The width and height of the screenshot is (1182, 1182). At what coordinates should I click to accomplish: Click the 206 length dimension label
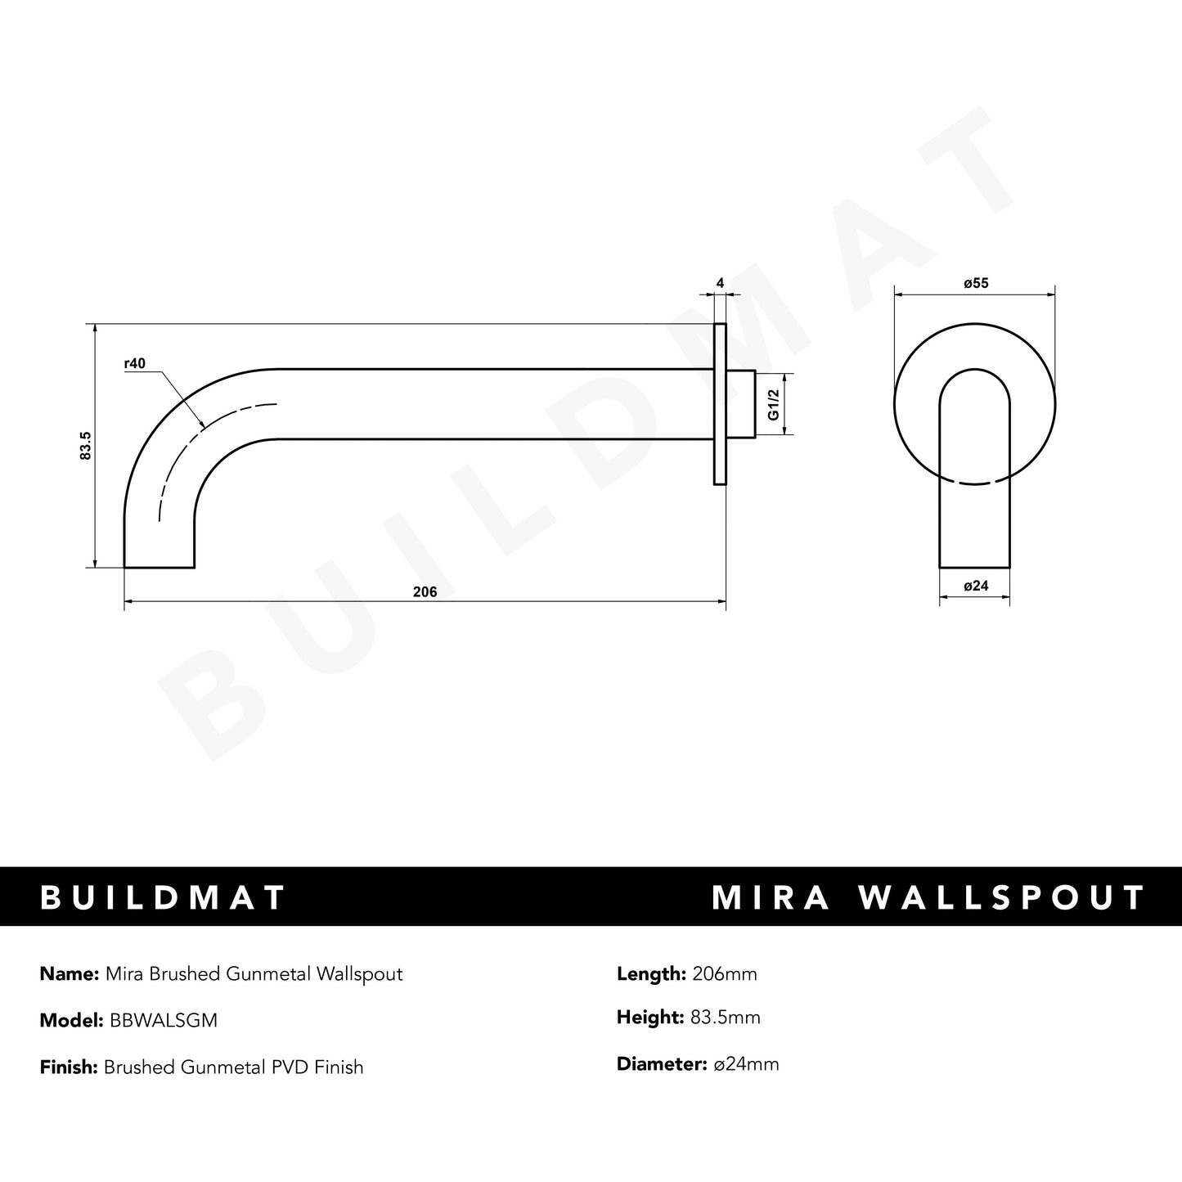425,593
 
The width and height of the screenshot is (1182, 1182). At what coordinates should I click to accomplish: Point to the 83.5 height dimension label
85,446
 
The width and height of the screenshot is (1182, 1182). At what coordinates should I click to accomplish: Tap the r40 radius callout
135,364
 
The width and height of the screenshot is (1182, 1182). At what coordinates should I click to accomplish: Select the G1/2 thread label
772,405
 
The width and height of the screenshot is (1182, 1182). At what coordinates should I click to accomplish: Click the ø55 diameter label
976,284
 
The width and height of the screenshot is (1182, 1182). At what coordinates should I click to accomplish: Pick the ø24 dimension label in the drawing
976,586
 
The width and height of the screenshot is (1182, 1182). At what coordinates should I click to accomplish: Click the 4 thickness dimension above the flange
720,284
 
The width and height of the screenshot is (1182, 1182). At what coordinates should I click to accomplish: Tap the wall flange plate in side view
720,404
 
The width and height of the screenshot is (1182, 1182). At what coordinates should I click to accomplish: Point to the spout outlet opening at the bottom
159,565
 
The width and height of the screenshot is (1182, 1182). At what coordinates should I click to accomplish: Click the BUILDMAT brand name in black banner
163,897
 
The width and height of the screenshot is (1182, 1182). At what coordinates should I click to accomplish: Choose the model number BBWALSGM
161,1021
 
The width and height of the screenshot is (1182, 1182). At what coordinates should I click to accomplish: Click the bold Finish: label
69,1067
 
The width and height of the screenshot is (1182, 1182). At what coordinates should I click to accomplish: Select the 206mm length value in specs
724,974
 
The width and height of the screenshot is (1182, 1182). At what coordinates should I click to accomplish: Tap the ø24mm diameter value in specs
746,1064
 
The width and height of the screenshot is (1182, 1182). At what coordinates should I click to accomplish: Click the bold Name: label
70,974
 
